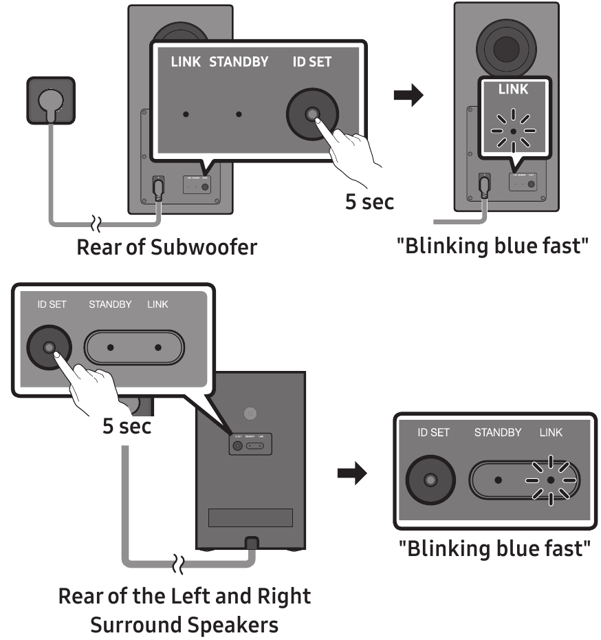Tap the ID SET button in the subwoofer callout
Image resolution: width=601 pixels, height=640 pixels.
pyautogui.click(x=312, y=114)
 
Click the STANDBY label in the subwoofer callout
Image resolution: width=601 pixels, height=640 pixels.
pyautogui.click(x=240, y=62)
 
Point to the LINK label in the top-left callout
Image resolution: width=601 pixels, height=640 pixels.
pyautogui.click(x=185, y=62)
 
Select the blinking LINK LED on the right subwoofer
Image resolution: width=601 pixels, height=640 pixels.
pyautogui.click(x=514, y=131)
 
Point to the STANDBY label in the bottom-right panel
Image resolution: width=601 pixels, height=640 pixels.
pyautogui.click(x=498, y=433)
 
